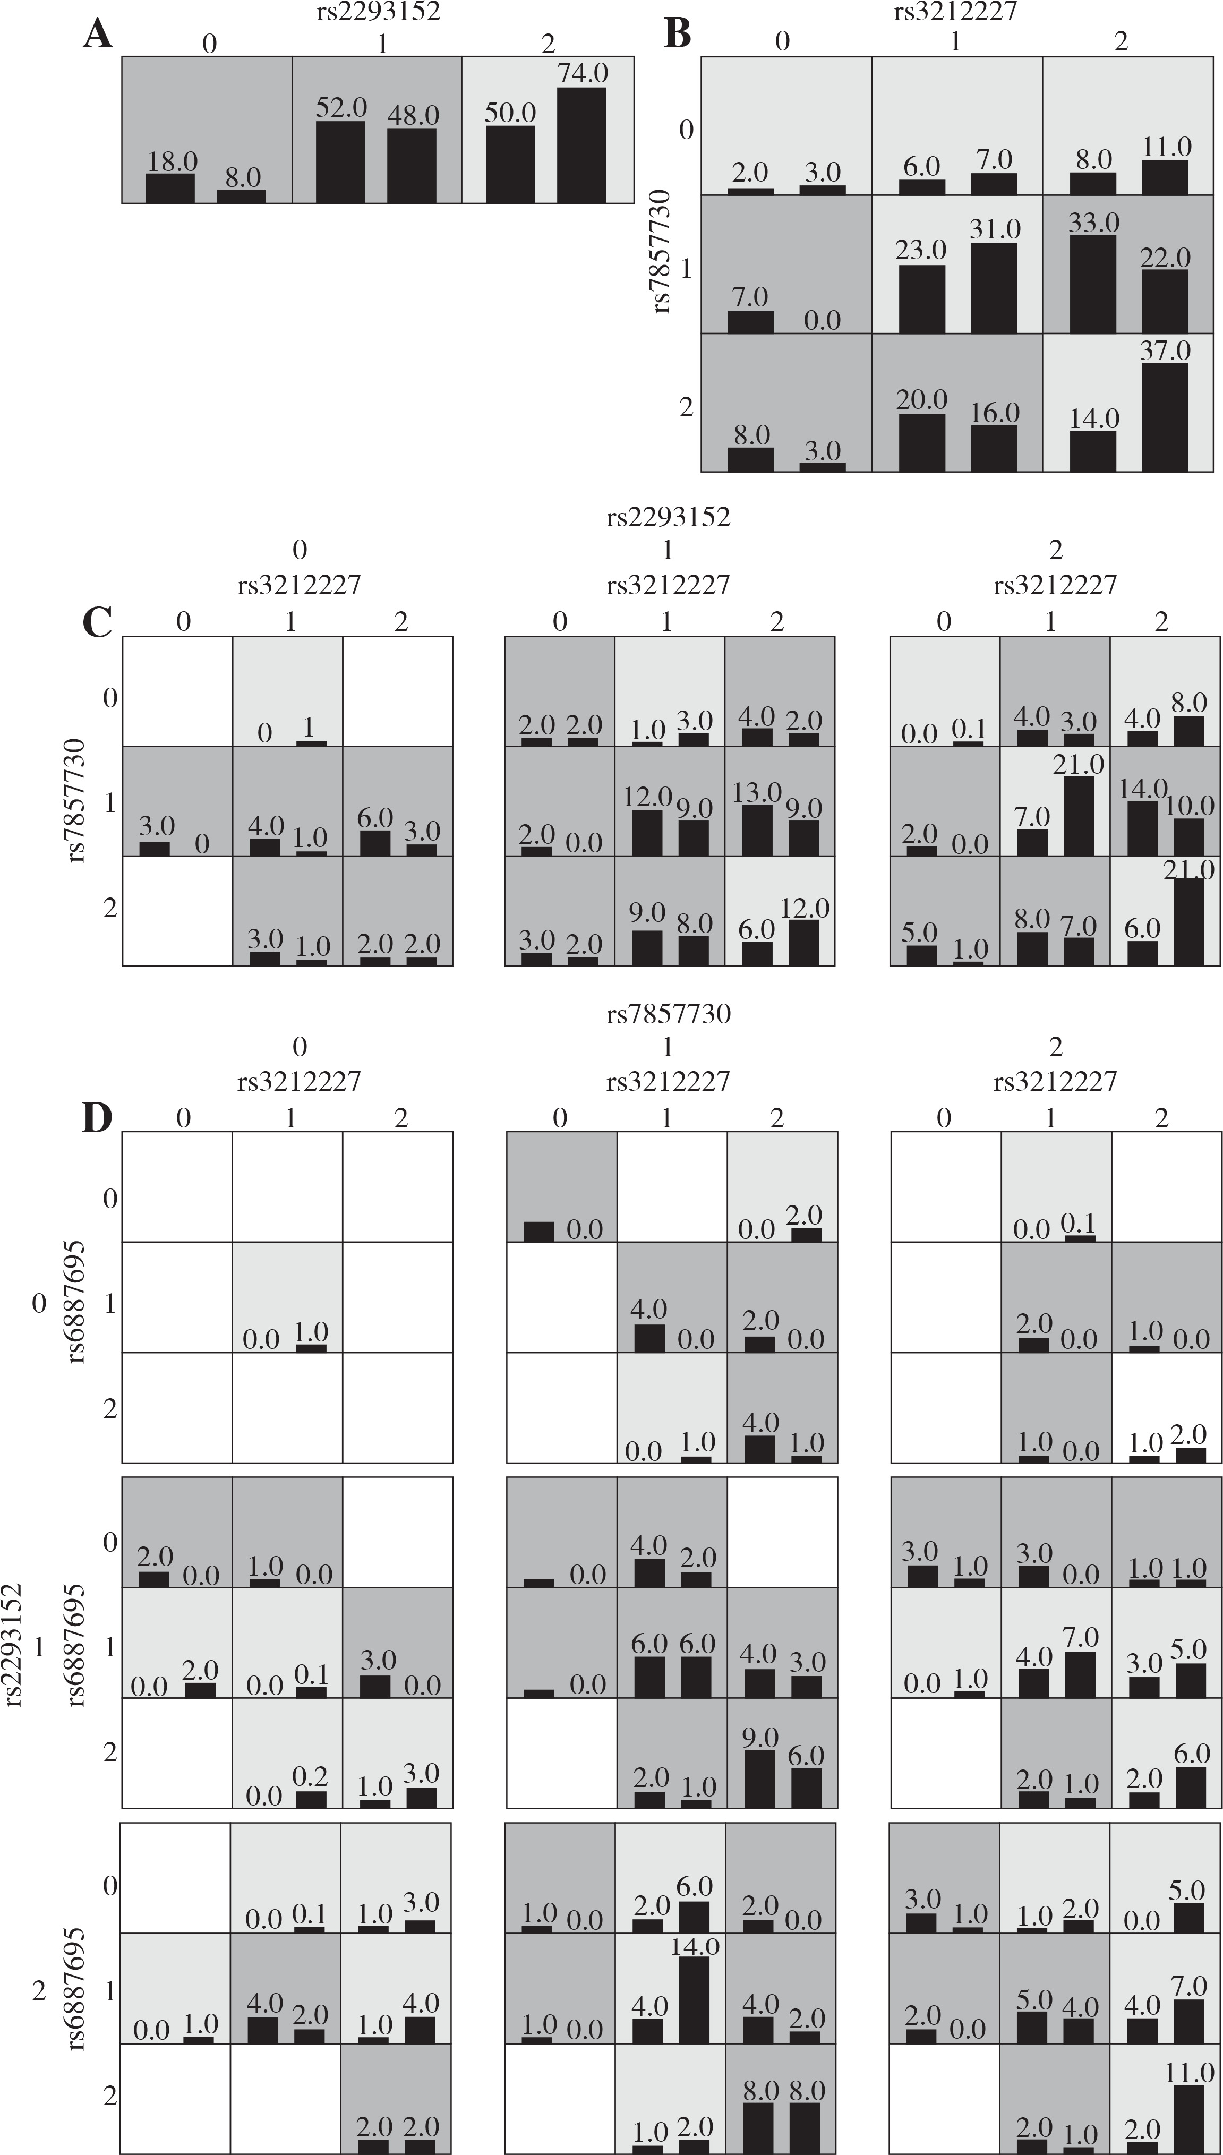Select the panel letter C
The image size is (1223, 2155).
(x=98, y=622)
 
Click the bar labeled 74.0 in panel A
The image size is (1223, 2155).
(x=581, y=146)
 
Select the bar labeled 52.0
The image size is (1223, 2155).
(x=340, y=162)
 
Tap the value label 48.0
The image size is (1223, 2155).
(x=413, y=116)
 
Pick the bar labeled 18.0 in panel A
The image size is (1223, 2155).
(x=170, y=188)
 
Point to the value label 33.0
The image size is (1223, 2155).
(x=1093, y=223)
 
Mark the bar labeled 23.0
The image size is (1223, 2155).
(x=921, y=299)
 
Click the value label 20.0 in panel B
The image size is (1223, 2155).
(x=921, y=400)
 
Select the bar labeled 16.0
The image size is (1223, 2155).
(x=995, y=448)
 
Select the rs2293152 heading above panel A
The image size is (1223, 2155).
(x=384, y=12)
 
